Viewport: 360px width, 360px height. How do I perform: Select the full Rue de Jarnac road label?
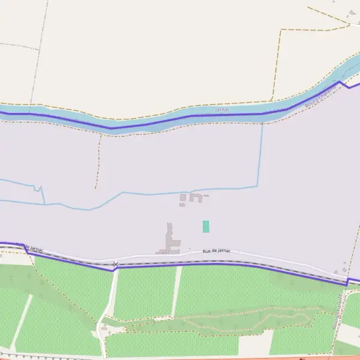pos(217,251)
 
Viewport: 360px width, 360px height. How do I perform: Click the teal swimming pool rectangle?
pos(206,226)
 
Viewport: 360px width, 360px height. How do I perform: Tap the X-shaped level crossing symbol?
pos(115,264)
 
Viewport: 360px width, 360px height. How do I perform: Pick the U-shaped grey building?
pos(196,197)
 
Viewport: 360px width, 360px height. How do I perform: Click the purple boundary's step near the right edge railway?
pos(347,281)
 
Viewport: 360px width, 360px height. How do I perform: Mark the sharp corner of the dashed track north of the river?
pos(280,30)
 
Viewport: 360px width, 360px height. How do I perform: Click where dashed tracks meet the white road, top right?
pos(348,23)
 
